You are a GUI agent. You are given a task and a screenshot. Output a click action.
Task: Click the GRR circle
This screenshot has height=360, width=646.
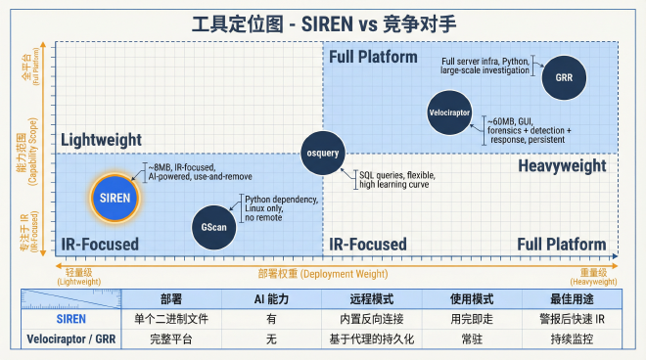click(563, 76)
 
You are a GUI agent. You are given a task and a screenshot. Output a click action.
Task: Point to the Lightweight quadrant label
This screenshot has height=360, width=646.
click(102, 140)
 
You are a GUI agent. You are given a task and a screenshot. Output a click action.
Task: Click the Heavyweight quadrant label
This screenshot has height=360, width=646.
click(562, 165)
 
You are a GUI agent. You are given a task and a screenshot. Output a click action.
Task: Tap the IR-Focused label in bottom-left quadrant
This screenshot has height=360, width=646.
click(100, 244)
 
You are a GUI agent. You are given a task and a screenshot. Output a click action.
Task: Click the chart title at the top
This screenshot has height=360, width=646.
click(322, 21)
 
